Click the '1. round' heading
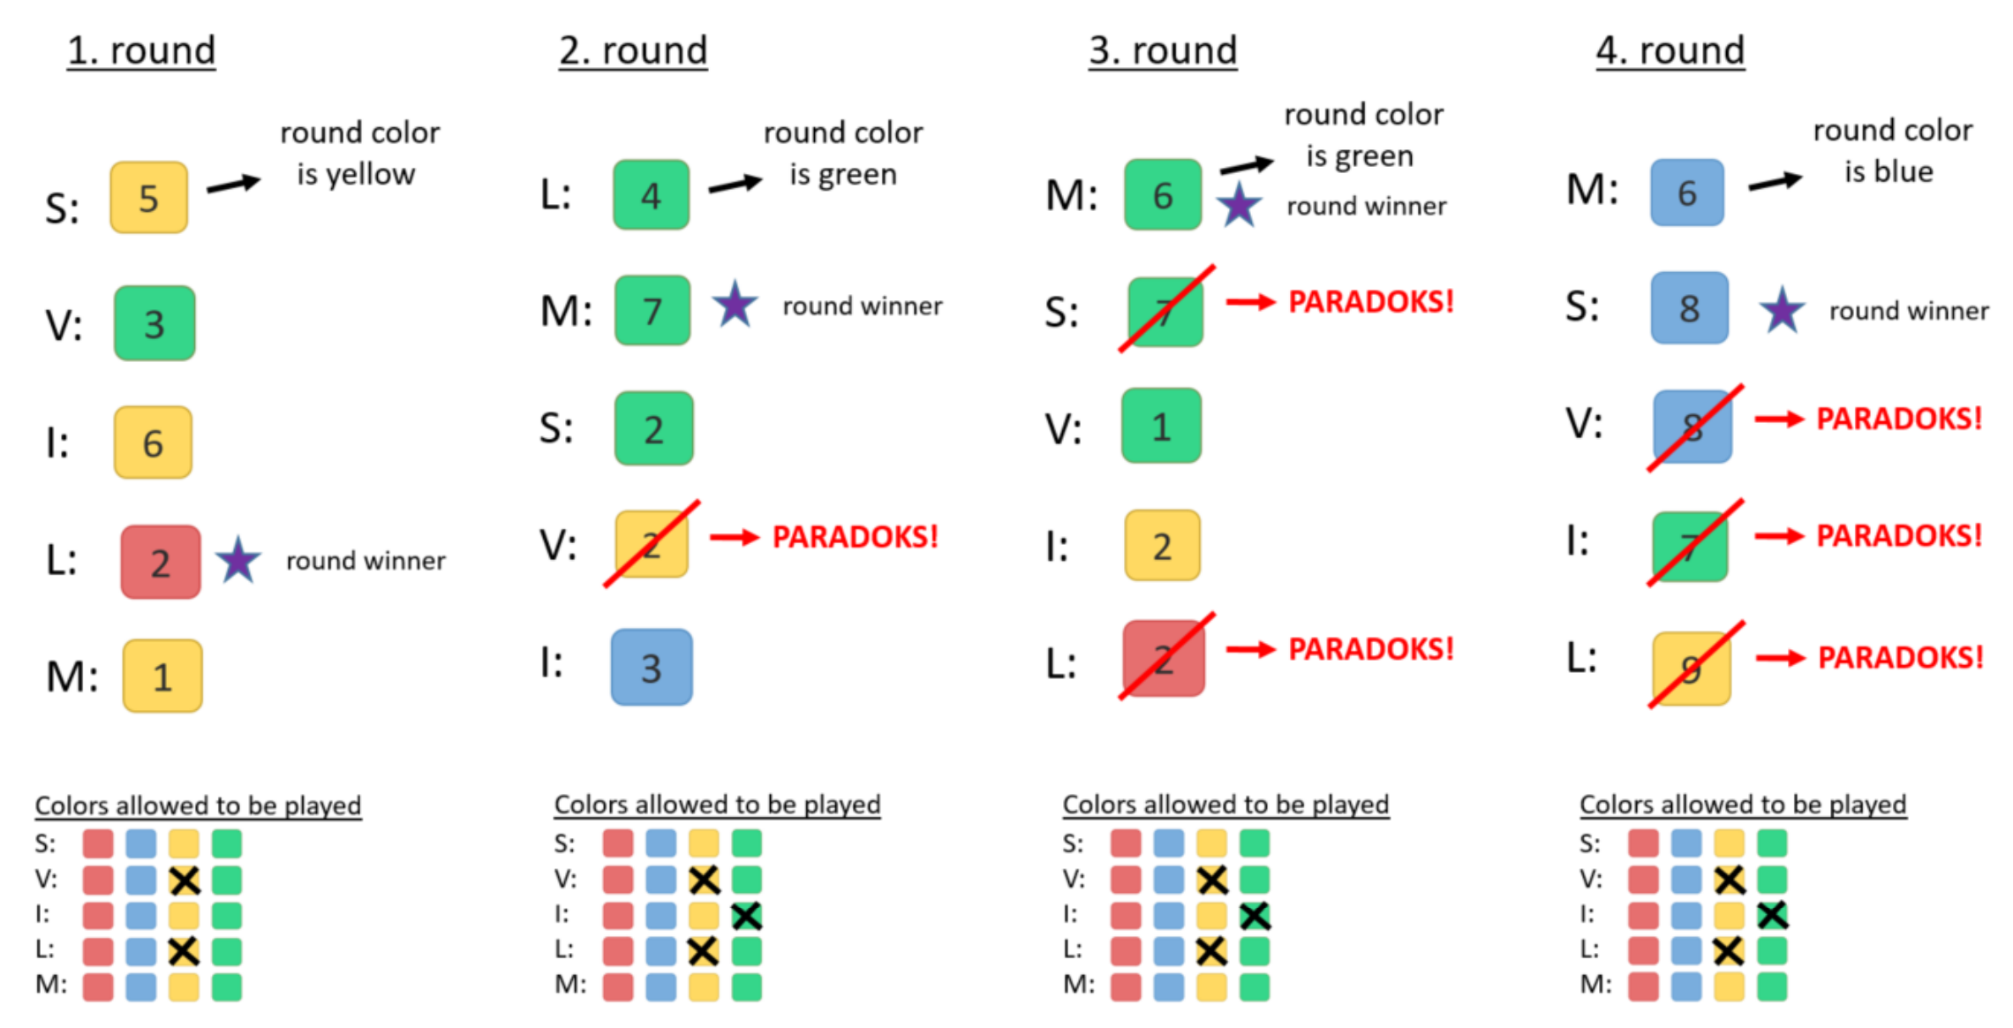[141, 50]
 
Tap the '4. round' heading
[1670, 50]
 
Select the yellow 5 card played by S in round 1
[148, 197]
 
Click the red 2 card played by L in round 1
[161, 562]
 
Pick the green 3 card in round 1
[155, 323]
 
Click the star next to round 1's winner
[238, 560]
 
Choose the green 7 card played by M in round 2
[652, 310]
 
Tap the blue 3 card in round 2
[652, 667]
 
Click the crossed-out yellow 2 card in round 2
[652, 544]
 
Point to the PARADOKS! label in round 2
[855, 537]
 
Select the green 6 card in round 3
[1163, 194]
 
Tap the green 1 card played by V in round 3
[1161, 426]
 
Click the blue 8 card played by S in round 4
[1689, 307]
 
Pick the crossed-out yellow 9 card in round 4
[1692, 669]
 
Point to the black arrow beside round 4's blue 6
[1776, 182]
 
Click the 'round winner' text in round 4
[1909, 311]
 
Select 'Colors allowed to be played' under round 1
[198, 805]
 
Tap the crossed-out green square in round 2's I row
[746, 916]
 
